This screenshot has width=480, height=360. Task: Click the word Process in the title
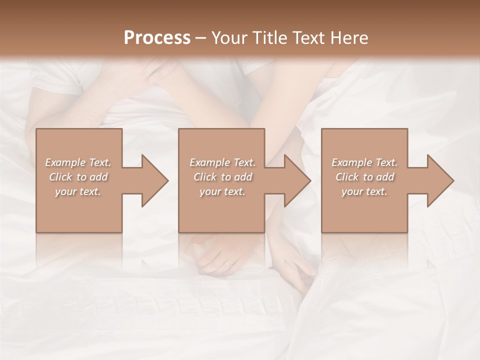click(157, 37)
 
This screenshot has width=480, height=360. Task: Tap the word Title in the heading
click(271, 37)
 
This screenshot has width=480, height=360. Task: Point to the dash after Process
click(201, 38)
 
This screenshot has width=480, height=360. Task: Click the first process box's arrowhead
click(155, 181)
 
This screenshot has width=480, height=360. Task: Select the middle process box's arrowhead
click(297, 181)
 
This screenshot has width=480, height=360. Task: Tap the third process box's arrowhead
click(440, 181)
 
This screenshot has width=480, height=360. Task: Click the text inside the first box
click(78, 177)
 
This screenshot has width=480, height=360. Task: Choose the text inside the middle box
click(222, 177)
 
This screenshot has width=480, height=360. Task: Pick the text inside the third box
click(364, 177)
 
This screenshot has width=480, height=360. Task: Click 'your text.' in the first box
click(78, 191)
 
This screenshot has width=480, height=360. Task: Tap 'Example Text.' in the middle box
click(222, 162)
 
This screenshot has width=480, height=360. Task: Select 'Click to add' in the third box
click(364, 177)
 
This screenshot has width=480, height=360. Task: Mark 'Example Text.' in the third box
click(364, 162)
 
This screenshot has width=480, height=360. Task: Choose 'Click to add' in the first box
click(78, 177)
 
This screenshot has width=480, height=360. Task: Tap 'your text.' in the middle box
click(222, 191)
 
